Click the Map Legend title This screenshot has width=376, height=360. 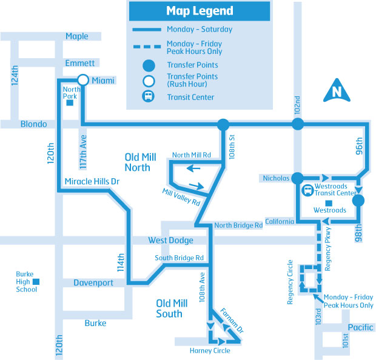[200, 11]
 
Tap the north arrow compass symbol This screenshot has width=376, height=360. [337, 90]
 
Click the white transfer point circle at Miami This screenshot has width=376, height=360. [83, 80]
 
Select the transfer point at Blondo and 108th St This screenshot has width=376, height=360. [223, 125]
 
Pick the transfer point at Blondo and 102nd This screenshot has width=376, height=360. [298, 124]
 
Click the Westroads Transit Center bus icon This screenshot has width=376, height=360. [307, 190]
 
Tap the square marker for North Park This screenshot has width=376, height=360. [70, 103]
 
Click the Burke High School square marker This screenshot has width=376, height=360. [36, 282]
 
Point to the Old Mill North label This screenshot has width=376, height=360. [140, 162]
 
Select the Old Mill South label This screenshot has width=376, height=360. [172, 308]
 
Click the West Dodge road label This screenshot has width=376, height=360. [171, 240]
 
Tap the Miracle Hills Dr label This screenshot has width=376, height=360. [92, 181]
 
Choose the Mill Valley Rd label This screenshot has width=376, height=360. [181, 197]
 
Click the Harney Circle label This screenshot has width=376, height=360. [210, 351]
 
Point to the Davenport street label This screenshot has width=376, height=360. [93, 283]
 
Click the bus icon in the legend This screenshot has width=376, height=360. [149, 96]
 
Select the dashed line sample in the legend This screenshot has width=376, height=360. [147, 47]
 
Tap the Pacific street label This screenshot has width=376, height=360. [360, 327]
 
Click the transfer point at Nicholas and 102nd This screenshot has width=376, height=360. [298, 178]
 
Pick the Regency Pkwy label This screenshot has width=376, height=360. [328, 249]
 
